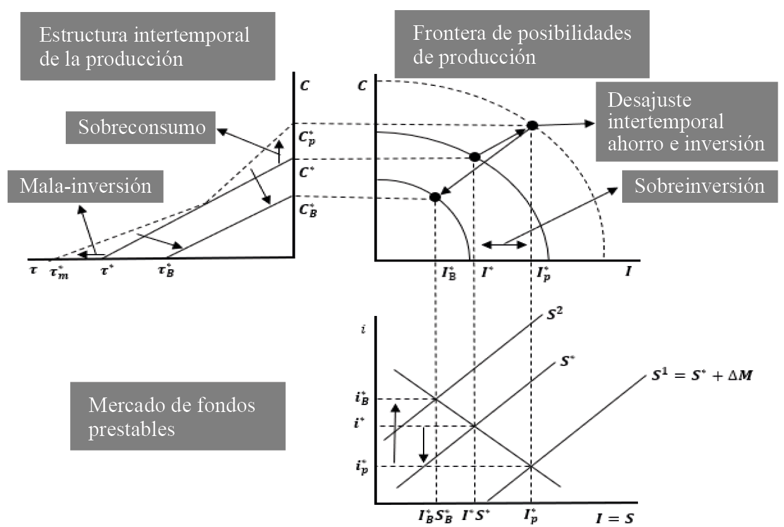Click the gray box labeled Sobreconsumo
tap(142, 127)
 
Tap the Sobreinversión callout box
tap(700, 186)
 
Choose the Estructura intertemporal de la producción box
tap(147, 44)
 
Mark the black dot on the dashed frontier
tap(532, 126)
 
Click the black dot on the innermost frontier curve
tap(435, 197)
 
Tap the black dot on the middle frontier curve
tap(474, 157)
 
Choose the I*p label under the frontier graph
tap(542, 272)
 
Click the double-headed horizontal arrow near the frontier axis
tap(504, 245)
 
